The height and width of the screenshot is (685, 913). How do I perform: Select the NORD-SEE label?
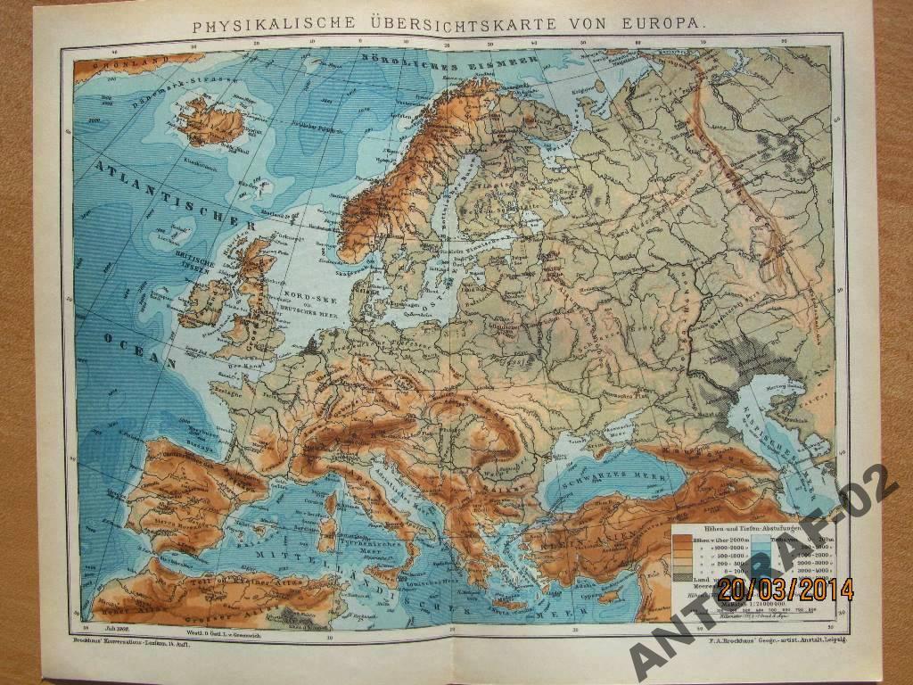point(297,293)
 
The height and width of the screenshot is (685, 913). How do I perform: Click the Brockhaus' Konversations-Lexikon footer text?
point(131,640)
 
